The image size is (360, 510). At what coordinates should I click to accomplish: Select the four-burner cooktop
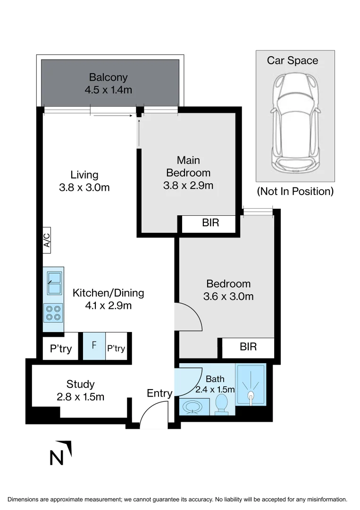point(53,312)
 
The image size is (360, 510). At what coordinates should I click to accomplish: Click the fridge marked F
point(94,347)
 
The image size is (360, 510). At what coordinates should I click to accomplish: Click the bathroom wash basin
point(193,407)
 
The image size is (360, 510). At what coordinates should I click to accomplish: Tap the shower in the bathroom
point(251,384)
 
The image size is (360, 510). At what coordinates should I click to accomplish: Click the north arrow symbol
point(61,453)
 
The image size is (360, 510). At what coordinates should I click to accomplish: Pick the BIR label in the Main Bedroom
point(210,223)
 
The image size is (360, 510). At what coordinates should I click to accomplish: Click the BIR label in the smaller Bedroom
point(248,347)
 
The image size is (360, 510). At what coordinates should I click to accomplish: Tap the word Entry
point(159,393)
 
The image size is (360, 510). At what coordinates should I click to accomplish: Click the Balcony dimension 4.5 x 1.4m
point(109,89)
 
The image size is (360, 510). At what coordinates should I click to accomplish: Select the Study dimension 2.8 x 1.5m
point(80,397)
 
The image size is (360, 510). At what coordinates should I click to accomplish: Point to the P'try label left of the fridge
point(61,349)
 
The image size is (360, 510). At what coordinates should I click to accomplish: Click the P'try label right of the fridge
point(116,349)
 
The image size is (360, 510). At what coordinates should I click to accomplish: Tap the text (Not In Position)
point(295,191)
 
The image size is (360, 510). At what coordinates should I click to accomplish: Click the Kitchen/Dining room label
point(108,293)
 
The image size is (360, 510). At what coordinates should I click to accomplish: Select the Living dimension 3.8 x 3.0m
point(84,187)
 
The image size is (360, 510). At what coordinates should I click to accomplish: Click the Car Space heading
point(293,60)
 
